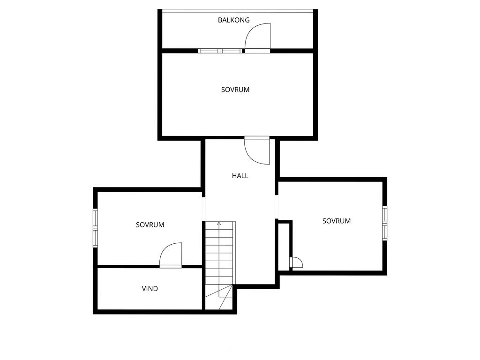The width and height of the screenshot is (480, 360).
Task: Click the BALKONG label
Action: click(233, 20)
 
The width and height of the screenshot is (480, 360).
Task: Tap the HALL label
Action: click(240, 176)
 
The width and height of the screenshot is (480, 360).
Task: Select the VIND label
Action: click(150, 289)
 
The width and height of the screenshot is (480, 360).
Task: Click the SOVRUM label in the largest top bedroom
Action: click(235, 90)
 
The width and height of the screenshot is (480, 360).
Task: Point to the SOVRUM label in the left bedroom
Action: click(150, 225)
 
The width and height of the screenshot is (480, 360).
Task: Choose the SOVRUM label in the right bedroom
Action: click(337, 221)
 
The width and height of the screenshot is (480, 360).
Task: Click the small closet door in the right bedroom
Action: click(296, 263)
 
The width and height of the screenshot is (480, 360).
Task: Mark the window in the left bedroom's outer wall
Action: click(95, 228)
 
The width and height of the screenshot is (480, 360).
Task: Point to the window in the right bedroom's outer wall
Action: click(385, 223)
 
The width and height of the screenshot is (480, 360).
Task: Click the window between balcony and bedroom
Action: click(220, 51)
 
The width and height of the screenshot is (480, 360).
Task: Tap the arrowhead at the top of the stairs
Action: click(219, 224)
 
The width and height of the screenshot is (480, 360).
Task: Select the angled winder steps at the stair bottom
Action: click(219, 298)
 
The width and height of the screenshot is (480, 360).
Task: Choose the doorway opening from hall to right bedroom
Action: click(277, 207)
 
